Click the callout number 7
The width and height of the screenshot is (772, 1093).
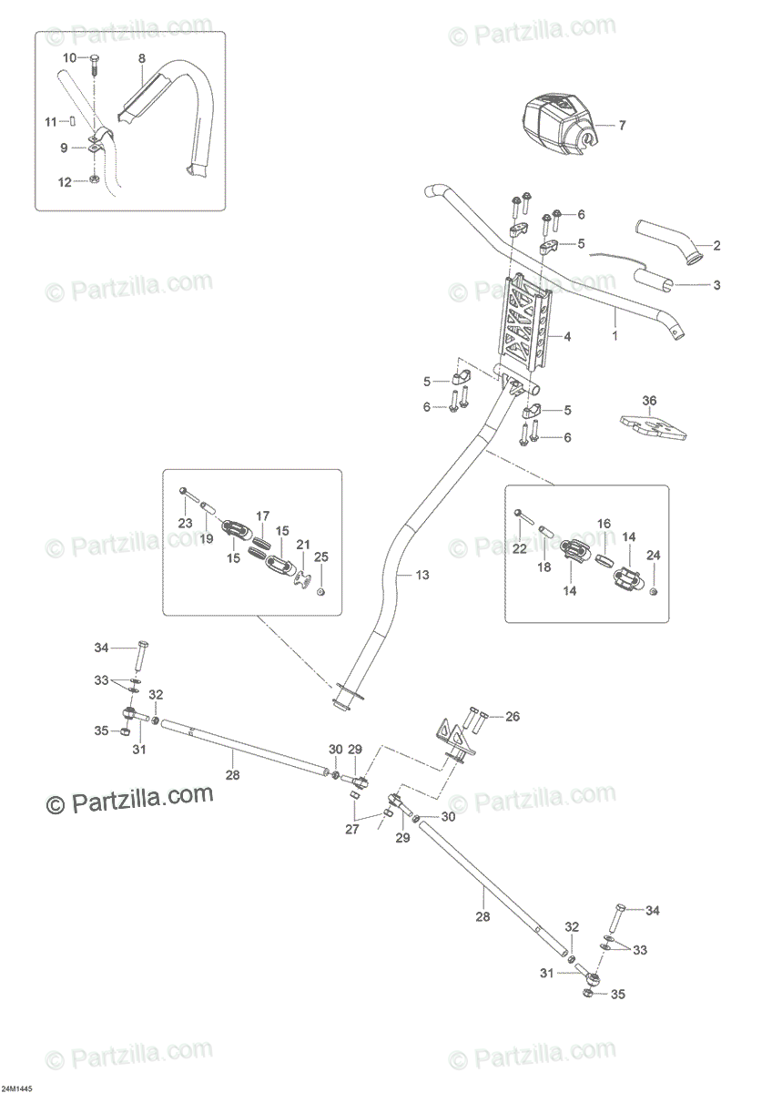coord(622,126)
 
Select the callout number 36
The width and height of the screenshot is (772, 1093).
coord(649,401)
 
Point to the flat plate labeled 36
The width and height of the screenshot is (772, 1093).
coord(654,427)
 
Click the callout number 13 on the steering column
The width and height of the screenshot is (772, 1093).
coord(422,576)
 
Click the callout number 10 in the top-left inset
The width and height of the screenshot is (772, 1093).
coord(70,58)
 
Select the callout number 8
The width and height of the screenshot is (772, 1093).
coord(141,58)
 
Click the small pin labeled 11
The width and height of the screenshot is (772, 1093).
coord(72,120)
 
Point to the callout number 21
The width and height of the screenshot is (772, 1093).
coord(303,545)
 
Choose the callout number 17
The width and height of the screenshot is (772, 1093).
coord(262,516)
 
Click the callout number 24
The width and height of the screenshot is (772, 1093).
coord(654,556)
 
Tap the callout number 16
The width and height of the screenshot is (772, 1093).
coord(604,524)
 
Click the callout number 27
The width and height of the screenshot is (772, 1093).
coord(352,829)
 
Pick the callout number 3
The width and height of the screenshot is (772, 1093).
coord(716,284)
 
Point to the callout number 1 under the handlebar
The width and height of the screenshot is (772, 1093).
coord(615,335)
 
